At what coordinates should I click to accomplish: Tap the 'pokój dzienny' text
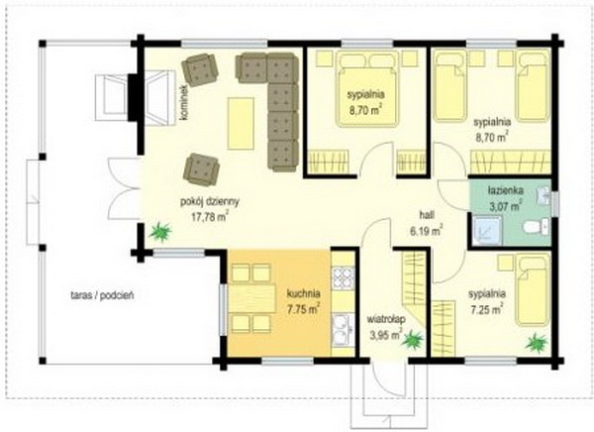click(210, 202)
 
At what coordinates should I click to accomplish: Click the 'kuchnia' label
click(304, 293)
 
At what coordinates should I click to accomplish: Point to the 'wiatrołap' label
click(386, 319)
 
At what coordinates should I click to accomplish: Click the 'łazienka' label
click(506, 190)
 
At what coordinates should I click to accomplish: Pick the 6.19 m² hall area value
click(426, 231)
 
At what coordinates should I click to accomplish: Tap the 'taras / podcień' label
click(102, 295)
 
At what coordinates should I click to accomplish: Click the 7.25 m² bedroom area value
click(487, 309)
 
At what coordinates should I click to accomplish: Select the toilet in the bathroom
click(536, 227)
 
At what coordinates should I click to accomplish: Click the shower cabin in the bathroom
click(487, 230)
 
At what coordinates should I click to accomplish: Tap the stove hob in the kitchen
click(343, 278)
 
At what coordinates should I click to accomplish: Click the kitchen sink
click(343, 330)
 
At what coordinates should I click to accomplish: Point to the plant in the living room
click(160, 232)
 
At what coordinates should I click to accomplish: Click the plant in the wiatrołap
click(413, 340)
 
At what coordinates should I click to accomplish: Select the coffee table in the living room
click(241, 123)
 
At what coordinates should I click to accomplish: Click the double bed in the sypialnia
click(368, 89)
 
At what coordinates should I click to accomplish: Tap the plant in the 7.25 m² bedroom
click(538, 343)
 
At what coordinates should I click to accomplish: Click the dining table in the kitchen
click(251, 298)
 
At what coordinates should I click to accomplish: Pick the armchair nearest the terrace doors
click(201, 169)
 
